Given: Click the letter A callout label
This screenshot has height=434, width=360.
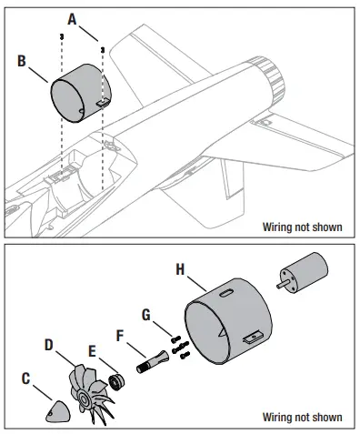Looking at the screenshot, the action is click(x=72, y=19).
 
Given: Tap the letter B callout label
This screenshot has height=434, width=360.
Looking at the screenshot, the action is click(x=22, y=61).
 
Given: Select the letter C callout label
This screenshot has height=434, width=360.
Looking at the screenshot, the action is click(x=26, y=378).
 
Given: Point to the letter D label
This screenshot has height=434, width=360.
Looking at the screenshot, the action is click(x=49, y=345).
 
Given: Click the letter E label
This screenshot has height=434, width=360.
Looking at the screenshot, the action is click(x=92, y=351).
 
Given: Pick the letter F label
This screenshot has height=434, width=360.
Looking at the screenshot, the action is click(x=120, y=336).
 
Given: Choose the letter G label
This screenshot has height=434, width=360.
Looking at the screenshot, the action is click(x=146, y=315).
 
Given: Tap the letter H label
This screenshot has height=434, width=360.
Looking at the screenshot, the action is click(x=180, y=269).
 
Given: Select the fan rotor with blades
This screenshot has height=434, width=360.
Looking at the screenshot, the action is click(x=89, y=394).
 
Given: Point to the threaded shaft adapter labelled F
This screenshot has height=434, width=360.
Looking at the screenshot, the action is click(x=152, y=361).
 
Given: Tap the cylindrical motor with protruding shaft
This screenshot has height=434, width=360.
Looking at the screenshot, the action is click(x=304, y=272).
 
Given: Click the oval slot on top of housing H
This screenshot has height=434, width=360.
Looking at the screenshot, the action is click(x=226, y=293).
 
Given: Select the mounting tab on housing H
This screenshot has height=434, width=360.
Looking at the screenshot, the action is click(x=255, y=337).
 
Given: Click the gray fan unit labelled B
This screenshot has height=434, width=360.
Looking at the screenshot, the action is click(x=81, y=93).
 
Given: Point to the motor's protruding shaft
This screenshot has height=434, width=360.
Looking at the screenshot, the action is click(x=284, y=285).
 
